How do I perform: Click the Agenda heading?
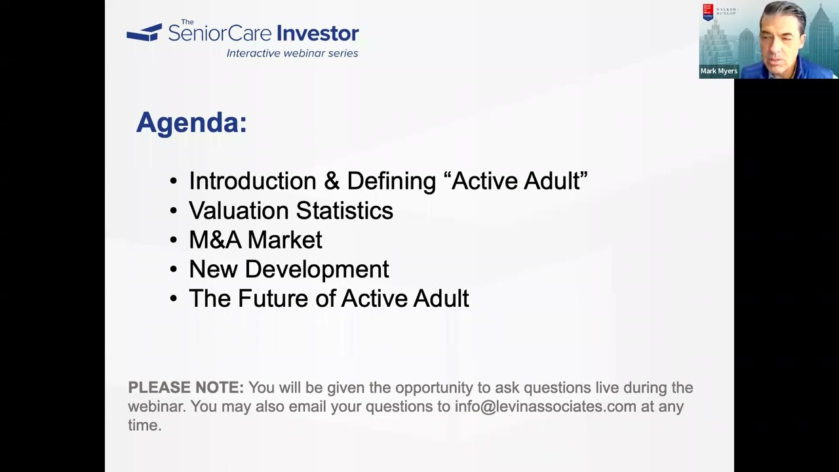pyautogui.click(x=191, y=123)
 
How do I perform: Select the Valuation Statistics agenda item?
pyautogui.click(x=290, y=210)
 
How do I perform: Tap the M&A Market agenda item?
pyautogui.click(x=255, y=240)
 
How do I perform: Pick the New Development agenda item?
pyautogui.click(x=288, y=269)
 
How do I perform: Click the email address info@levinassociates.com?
pyautogui.click(x=545, y=406)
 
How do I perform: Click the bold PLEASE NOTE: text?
pyautogui.click(x=185, y=387)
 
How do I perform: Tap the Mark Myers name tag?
pyautogui.click(x=718, y=71)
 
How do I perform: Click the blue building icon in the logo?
pyautogui.click(x=144, y=32)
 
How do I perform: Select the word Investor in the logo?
pyautogui.click(x=317, y=33)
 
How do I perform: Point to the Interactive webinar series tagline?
pyautogui.click(x=292, y=53)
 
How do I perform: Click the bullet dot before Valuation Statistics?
pyautogui.click(x=173, y=211)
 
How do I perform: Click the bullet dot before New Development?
pyautogui.click(x=173, y=270)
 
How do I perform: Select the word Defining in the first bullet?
pyautogui.click(x=391, y=181)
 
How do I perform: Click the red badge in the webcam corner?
pyautogui.click(x=708, y=12)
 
